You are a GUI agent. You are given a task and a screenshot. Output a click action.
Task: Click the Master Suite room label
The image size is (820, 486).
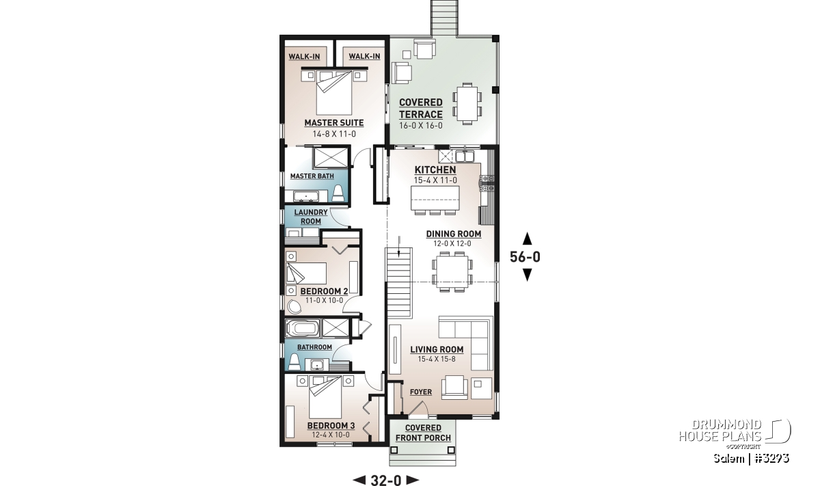pos(334,123)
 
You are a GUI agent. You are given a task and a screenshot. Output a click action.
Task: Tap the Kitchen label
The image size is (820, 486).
pos(435,170)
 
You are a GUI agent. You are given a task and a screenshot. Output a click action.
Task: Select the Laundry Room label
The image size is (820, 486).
pos(311,217)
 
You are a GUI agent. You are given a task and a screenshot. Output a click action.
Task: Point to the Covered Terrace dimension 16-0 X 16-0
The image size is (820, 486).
pos(421,126)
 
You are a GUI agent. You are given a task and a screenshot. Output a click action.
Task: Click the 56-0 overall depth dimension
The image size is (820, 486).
pos(525,257)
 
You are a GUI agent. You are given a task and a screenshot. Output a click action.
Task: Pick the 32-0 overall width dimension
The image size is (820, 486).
pos(386,480)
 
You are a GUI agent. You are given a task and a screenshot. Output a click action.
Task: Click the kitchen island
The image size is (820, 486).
pos(435,198)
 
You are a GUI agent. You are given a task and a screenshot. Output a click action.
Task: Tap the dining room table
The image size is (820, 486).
pos(452,271)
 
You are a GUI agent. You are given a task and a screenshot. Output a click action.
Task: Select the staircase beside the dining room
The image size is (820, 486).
pos(398,282)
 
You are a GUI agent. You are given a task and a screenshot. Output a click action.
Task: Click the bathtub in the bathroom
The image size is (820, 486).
pos(302,328)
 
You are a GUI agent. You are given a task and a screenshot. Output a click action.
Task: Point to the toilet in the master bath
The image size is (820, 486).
pos(338,193)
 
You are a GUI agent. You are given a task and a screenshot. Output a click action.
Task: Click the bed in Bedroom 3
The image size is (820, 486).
pos(325,397)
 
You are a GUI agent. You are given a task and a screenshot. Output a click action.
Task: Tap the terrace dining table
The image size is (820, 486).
pos(467,104)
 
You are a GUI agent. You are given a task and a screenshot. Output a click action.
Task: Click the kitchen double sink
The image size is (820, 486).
pos(465,157)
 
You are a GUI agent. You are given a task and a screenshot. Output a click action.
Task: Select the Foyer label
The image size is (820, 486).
pos(421,392)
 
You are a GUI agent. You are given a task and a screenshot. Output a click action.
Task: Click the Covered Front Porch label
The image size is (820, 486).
pos(423,433)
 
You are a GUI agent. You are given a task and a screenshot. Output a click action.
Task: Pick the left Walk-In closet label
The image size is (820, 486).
pos(304,57)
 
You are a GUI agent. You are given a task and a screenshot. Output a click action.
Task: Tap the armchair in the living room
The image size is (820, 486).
pos(454,387)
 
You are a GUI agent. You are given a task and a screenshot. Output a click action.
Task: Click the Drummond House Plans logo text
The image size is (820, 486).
pos(720,431)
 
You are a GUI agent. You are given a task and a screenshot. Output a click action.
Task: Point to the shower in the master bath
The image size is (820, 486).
pos(330,158)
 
